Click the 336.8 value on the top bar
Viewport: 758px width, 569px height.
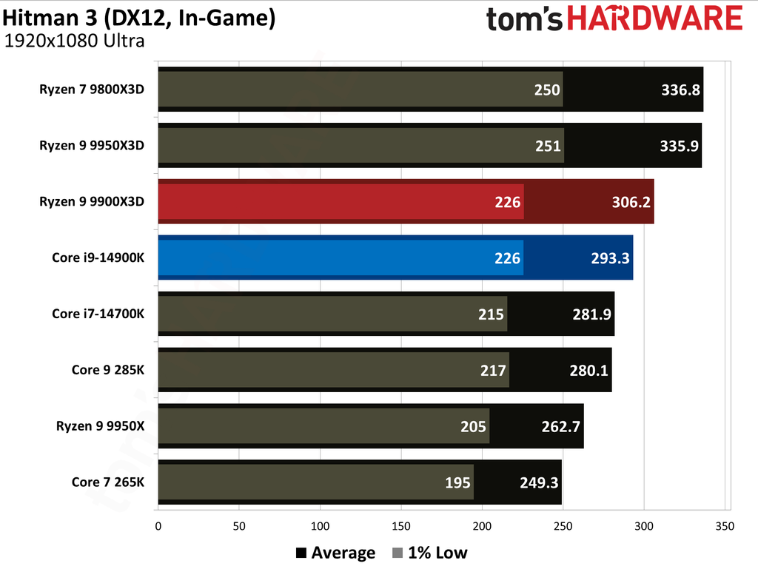tap(680, 90)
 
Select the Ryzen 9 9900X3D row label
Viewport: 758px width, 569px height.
tap(92, 201)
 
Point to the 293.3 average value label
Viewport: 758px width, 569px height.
tap(610, 258)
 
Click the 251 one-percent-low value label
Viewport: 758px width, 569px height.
tap(548, 146)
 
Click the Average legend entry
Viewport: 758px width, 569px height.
tap(335, 553)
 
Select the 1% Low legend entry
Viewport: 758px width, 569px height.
tap(429, 553)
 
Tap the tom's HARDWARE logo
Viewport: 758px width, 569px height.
tap(614, 18)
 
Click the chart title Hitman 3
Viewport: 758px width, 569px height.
tap(140, 18)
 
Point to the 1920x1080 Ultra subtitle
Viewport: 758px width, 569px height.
tap(74, 41)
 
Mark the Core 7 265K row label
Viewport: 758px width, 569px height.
tap(108, 482)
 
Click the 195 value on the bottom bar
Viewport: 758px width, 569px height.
tap(458, 483)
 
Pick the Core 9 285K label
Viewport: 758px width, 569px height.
tap(108, 370)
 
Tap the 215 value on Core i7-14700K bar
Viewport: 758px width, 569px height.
tap(492, 314)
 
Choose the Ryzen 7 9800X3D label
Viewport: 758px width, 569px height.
tap(92, 90)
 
